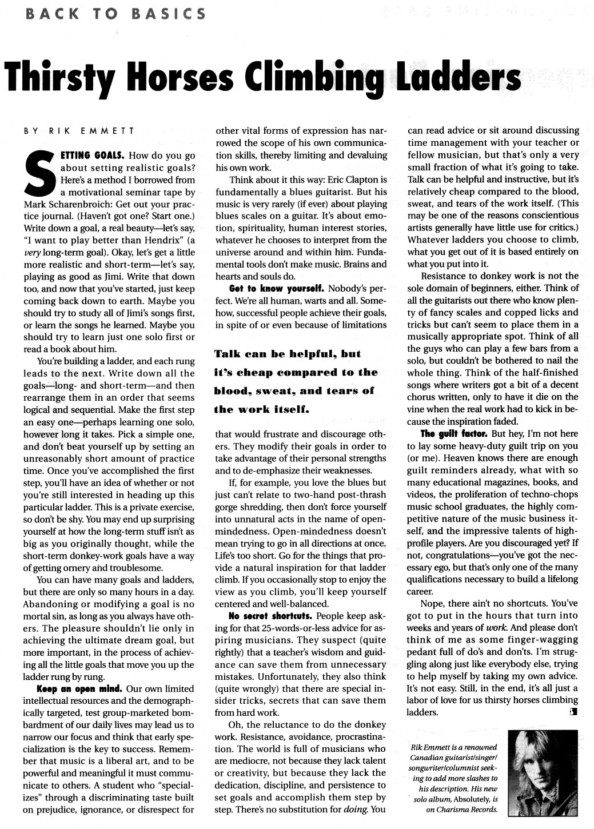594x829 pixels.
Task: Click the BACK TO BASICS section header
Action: click(111, 13)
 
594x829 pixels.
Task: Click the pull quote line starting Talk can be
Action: click(288, 354)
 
